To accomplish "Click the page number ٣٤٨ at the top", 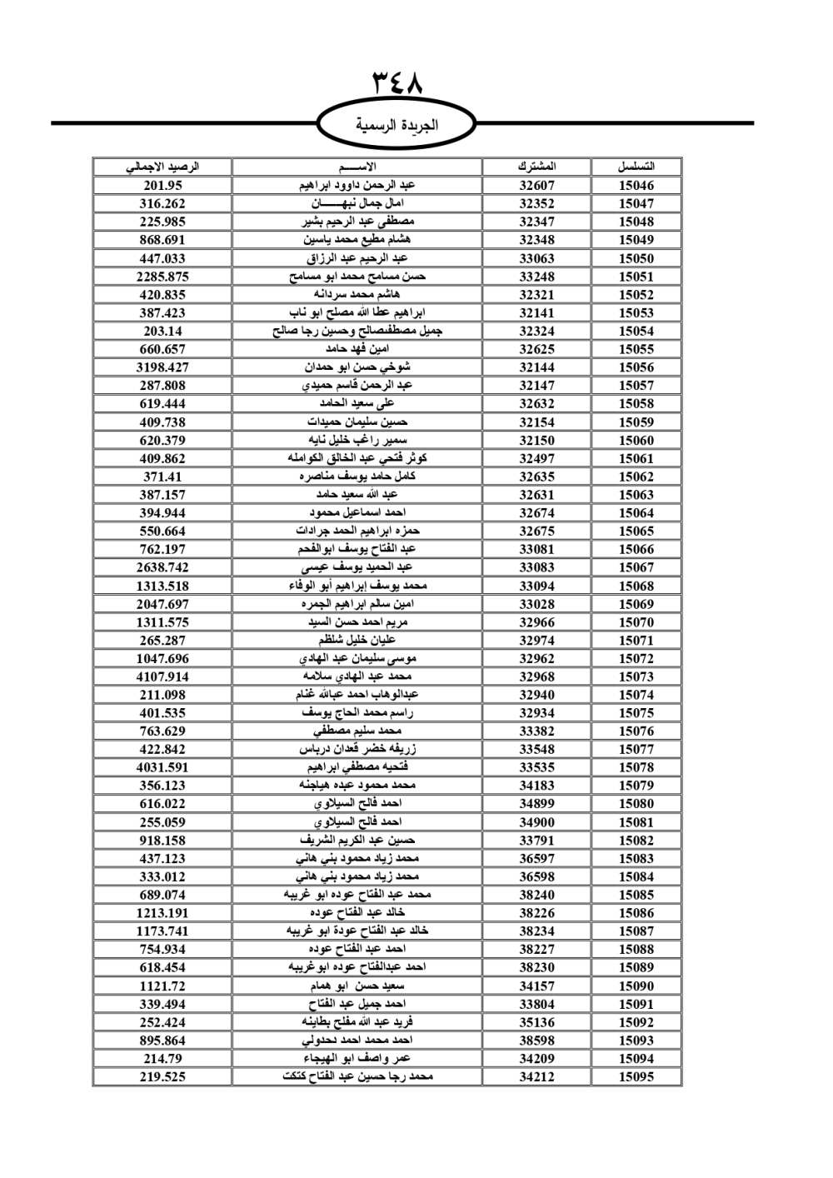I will coord(397,83).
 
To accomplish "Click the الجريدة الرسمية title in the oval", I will coord(397,125).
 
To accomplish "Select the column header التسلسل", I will coord(636,167).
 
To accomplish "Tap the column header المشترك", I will coord(536,167).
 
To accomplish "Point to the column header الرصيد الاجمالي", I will coord(162,167).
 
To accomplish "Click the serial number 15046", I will coord(636,186).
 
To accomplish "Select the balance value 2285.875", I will coord(162,277).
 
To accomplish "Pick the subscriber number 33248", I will coord(536,277).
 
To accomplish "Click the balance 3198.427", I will coord(162,367).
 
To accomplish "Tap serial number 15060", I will coord(636,440).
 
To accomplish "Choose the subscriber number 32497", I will coord(536,458).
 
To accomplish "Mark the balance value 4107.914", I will coord(162,676).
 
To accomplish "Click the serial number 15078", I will coord(636,767).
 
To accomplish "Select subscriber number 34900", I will coord(536,822).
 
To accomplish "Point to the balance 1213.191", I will coord(162,913).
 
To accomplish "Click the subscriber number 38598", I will coord(536,1041).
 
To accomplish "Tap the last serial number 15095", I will coord(636,1076).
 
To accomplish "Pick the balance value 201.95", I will coord(162,186).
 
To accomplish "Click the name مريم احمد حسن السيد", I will coord(357,622).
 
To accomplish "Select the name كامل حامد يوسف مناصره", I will coord(357,477).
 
